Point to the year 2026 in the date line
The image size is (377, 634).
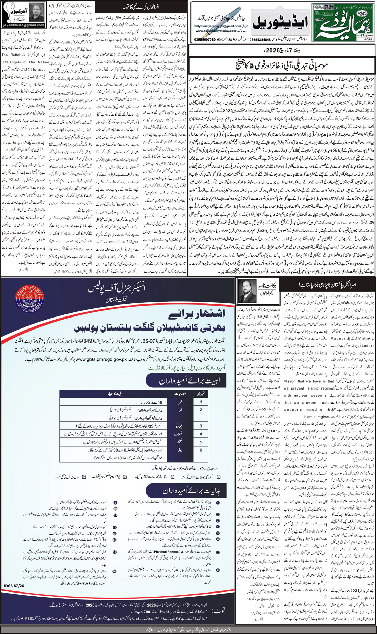click(x=269, y=51)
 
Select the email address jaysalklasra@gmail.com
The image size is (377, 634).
click(x=23, y=25)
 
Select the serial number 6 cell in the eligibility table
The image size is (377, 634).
click(x=201, y=450)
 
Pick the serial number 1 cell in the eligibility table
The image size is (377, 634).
click(x=201, y=402)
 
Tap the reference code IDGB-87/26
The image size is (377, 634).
click(x=14, y=586)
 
